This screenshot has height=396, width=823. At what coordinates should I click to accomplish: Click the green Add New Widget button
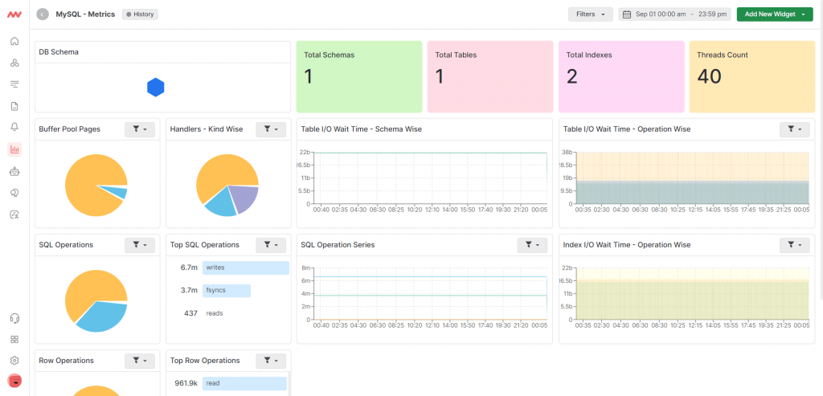pos(774,14)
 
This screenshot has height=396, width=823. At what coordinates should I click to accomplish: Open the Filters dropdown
pos(590,14)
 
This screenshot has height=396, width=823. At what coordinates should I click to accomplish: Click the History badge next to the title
pos(140,14)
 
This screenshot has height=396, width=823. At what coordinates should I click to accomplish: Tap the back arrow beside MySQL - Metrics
pos(43,14)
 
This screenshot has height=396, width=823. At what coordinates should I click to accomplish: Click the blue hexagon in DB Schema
pos(156,88)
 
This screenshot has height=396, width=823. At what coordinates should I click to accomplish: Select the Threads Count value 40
pos(710,76)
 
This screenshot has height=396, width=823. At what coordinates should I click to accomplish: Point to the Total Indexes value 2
pos(571,76)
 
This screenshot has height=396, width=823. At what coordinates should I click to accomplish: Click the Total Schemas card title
pos(329,55)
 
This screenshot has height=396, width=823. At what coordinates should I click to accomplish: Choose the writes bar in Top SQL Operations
pos(245,267)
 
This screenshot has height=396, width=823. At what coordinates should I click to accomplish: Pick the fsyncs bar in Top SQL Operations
pos(227,290)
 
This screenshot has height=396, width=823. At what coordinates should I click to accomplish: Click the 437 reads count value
pos(190,313)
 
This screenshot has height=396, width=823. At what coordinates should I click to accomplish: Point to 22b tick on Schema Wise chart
pos(305,153)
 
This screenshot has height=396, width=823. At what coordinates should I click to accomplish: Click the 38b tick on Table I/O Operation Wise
pos(566,153)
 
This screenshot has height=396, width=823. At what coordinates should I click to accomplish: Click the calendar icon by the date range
pos(627,14)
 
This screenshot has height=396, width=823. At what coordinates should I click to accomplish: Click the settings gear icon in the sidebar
pos(14,360)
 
